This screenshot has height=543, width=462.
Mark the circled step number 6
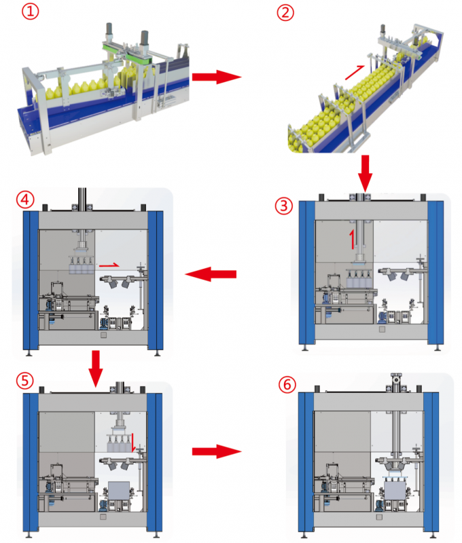(x=287, y=385)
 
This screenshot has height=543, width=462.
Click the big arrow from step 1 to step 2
(x=216, y=77)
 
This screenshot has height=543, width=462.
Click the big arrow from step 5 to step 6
(x=216, y=451)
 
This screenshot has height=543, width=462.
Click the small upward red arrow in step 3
(x=351, y=240)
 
